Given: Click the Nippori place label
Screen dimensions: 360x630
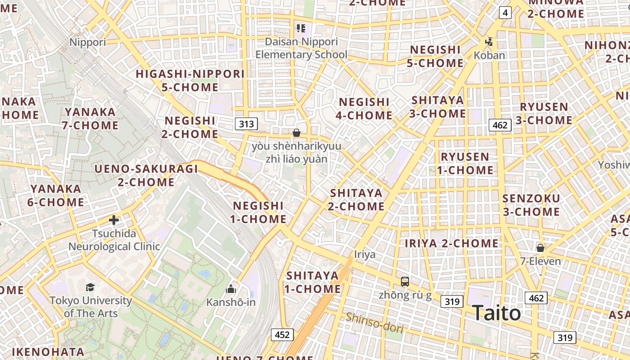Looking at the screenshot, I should click(88, 42).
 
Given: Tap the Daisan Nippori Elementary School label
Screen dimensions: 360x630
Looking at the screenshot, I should click(301, 48).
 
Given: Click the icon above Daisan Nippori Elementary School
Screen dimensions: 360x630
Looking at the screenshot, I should click(301, 29).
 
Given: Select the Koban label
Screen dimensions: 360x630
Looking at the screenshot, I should click(489, 55).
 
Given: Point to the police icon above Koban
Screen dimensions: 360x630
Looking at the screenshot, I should click(489, 42).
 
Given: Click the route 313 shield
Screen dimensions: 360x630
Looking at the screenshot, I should click(246, 124).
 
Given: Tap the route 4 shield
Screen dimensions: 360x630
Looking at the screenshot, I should click(505, 13).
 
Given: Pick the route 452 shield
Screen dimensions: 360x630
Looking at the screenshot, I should click(282, 334).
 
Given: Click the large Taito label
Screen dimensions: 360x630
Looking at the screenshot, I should click(497, 313).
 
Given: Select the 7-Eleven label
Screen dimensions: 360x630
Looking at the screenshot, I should click(540, 261).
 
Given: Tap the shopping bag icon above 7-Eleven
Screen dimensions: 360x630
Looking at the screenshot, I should click(540, 248).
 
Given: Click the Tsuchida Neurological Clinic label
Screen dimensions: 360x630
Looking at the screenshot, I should click(114, 240).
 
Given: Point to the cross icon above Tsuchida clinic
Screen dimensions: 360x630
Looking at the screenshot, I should click(114, 220).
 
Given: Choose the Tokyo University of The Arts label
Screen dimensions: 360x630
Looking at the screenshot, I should click(90, 307).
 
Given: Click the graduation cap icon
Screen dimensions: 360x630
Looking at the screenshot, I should click(90, 287).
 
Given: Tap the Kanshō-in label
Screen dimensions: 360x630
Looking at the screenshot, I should click(231, 302).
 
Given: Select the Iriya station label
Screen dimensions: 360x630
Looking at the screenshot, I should click(364, 255).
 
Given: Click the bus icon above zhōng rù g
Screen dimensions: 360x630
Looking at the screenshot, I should click(405, 282).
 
